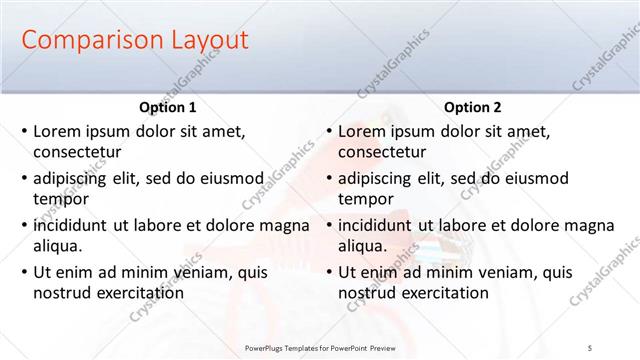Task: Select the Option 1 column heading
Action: (x=167, y=108)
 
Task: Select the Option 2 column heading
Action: (x=472, y=108)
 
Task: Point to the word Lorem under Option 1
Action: (x=57, y=131)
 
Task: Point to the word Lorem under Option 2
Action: (x=362, y=131)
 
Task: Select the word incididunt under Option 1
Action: (x=73, y=225)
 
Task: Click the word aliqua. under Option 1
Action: (x=58, y=246)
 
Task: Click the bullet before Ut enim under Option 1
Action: (x=24, y=272)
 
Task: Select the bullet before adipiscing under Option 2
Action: (x=329, y=179)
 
